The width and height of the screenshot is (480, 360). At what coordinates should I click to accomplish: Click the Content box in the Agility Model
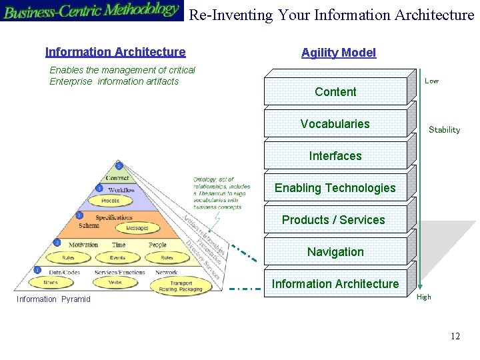[335, 92]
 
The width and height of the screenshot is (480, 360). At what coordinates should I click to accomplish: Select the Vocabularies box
[335, 124]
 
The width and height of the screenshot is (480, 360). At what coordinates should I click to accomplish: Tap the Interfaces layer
[335, 156]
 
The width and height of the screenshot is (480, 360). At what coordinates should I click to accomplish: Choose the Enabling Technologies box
[335, 188]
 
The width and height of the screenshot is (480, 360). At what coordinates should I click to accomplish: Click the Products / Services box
[333, 220]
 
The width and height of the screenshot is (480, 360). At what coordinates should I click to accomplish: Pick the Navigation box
[335, 252]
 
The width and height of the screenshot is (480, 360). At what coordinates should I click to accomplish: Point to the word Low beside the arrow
[432, 81]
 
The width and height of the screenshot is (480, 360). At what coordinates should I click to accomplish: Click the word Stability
[444, 130]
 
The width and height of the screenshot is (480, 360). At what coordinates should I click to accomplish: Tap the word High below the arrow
[424, 297]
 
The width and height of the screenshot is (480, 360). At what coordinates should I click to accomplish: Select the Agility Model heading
[339, 53]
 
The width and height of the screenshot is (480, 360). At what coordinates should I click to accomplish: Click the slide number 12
[455, 336]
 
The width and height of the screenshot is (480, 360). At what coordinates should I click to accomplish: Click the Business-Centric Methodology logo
[92, 11]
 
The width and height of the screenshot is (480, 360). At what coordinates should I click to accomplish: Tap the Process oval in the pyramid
[110, 201]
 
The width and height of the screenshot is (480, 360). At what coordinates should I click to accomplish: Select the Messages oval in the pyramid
[137, 228]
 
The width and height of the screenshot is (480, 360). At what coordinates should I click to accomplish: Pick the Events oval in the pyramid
[117, 257]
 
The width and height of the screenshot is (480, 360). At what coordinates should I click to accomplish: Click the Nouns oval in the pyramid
[50, 283]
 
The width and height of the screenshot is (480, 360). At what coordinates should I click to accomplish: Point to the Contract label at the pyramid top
[117, 178]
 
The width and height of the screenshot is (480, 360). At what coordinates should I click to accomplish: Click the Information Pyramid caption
[53, 299]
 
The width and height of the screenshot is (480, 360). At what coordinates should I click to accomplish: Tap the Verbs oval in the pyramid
[114, 283]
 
